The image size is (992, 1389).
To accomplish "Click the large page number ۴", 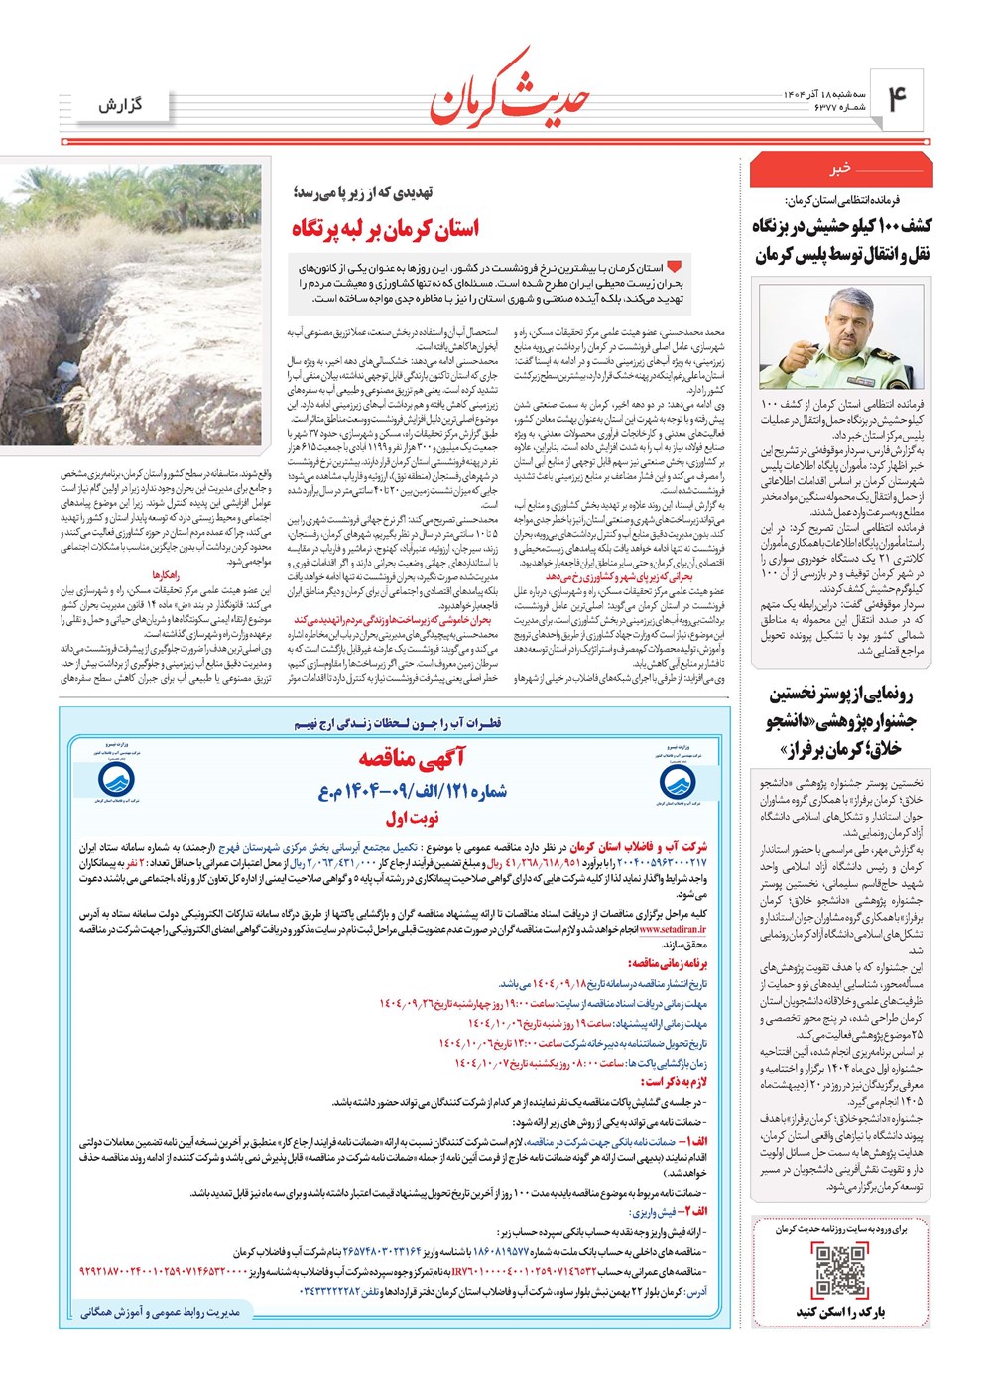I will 899,99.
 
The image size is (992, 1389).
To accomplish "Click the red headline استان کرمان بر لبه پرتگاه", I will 385,229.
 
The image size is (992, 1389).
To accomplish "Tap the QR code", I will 840,1271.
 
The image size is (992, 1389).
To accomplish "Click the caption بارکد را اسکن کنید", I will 840,1312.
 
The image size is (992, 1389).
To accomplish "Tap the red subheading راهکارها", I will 165,574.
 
